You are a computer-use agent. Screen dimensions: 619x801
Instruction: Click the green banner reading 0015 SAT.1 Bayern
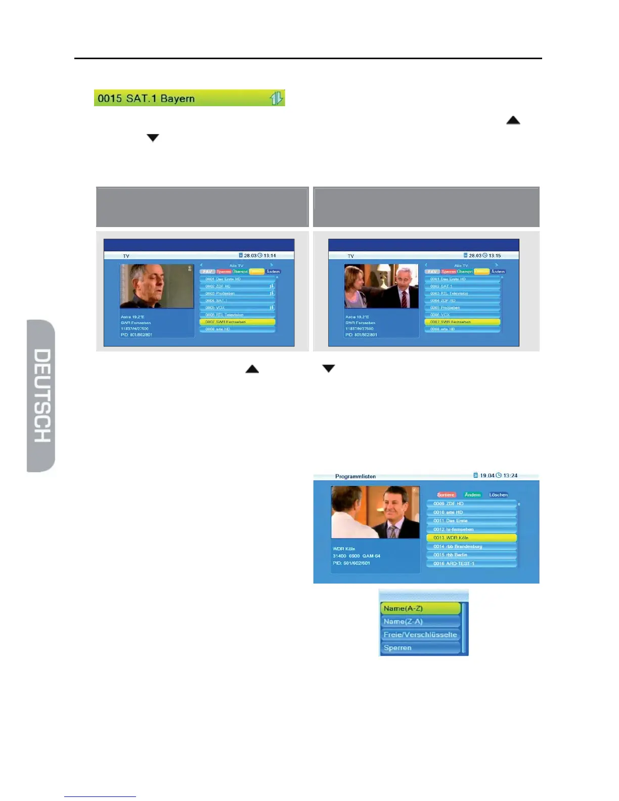tap(189, 98)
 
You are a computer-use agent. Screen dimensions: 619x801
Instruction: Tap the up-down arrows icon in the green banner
tap(276, 98)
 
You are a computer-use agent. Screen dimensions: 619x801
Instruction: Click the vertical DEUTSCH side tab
tap(41, 395)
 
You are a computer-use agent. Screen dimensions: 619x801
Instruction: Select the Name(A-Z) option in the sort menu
tap(420, 608)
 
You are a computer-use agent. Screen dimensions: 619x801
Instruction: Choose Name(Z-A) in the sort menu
tap(420, 621)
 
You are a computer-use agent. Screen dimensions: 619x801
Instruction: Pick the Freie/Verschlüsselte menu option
tap(420, 635)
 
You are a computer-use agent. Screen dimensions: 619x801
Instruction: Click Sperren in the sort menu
tap(420, 648)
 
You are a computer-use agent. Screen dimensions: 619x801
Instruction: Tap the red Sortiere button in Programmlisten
tap(446, 495)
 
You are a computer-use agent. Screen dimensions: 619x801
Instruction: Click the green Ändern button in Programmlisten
tap(472, 495)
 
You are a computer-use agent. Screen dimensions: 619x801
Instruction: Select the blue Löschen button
tap(498, 495)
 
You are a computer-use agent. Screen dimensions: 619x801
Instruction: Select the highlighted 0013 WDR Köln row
tap(471, 538)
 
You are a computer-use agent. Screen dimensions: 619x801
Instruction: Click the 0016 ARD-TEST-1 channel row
tap(471, 563)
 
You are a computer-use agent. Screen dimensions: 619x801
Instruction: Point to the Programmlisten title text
tap(355, 476)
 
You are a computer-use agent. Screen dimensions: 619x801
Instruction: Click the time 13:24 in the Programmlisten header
tap(510, 475)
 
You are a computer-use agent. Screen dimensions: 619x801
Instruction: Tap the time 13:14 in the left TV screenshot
tap(270, 255)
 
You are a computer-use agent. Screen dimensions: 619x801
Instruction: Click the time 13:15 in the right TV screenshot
tap(495, 255)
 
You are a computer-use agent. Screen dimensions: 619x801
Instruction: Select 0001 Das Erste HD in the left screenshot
tap(237, 279)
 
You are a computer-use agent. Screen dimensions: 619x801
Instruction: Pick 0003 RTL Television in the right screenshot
tap(462, 293)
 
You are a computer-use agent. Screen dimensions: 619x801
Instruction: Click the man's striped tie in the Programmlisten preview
tap(392, 530)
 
